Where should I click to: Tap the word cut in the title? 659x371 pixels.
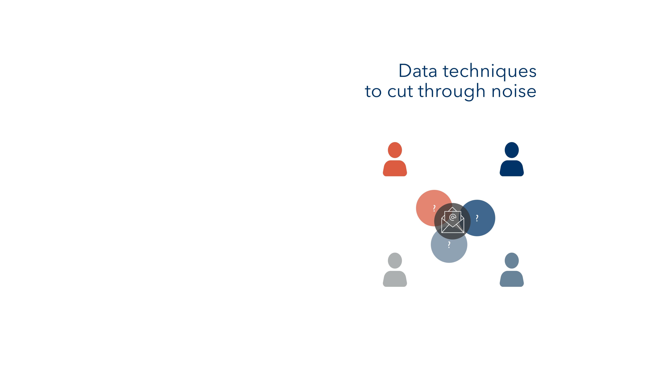tap(400, 91)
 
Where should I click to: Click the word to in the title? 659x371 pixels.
tap(373, 92)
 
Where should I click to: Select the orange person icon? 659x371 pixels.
tap(395, 159)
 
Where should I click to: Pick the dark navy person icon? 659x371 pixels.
tap(512, 159)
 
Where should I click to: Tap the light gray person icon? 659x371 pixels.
tap(395, 270)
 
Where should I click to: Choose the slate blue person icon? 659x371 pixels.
tap(512, 270)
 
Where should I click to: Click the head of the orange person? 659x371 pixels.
tap(395, 150)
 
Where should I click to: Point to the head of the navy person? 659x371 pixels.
tap(512, 150)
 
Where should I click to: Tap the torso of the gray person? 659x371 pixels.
tap(395, 279)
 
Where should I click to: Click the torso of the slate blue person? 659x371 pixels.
tap(512, 279)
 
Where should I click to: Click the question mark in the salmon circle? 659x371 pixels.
tap(434, 208)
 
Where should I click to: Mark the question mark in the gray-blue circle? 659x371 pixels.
tap(449, 245)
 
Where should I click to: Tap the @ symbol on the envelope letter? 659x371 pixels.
tap(453, 217)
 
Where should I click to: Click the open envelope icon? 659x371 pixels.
tap(453, 220)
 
